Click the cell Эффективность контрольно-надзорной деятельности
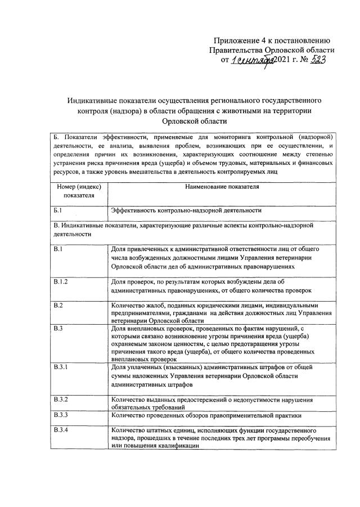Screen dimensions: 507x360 pos(186,210)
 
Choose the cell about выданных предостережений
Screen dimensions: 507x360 pos(211,403)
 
